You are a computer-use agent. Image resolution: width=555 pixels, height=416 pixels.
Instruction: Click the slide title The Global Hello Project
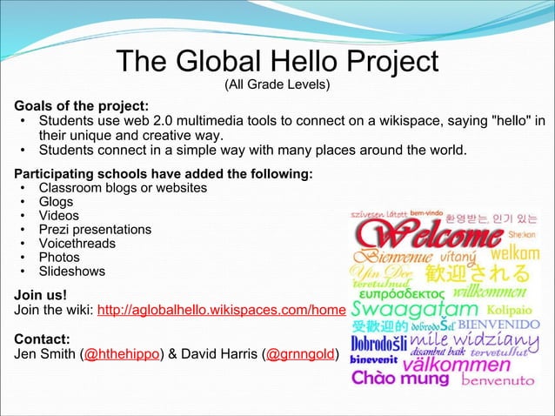coord(277,62)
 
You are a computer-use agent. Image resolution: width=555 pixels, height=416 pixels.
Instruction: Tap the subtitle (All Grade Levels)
coord(277,85)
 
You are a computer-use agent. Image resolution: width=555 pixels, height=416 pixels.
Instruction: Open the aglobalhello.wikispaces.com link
coord(222,310)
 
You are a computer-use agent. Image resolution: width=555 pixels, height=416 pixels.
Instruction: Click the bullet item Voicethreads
coord(77,244)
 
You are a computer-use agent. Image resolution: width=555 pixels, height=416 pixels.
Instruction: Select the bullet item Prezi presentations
coord(94,230)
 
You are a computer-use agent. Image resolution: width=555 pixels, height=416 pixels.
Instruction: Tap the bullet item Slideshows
coord(71,272)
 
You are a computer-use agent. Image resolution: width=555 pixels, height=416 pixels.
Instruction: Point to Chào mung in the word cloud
coord(401,379)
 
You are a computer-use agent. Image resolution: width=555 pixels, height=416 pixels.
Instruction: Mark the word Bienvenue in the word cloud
coord(390,258)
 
